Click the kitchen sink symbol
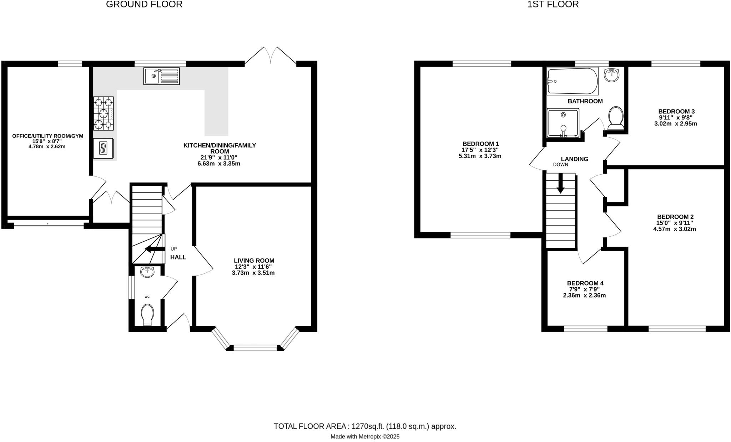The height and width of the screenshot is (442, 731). (161, 76)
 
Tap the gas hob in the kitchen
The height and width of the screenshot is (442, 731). (104, 113)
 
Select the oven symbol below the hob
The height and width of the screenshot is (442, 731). (104, 148)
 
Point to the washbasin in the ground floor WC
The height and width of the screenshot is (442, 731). (147, 272)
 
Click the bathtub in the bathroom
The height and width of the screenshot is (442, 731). (572, 81)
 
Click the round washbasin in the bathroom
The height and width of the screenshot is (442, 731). (612, 74)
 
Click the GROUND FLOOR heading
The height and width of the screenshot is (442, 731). (144, 4)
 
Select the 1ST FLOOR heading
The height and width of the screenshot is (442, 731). (553, 4)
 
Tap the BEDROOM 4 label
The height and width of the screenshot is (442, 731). (585, 283)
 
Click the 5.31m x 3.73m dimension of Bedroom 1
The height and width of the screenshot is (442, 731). (480, 156)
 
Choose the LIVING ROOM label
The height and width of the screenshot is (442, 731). (254, 261)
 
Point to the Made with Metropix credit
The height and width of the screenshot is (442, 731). (365, 436)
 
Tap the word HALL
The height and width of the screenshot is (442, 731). (178, 257)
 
